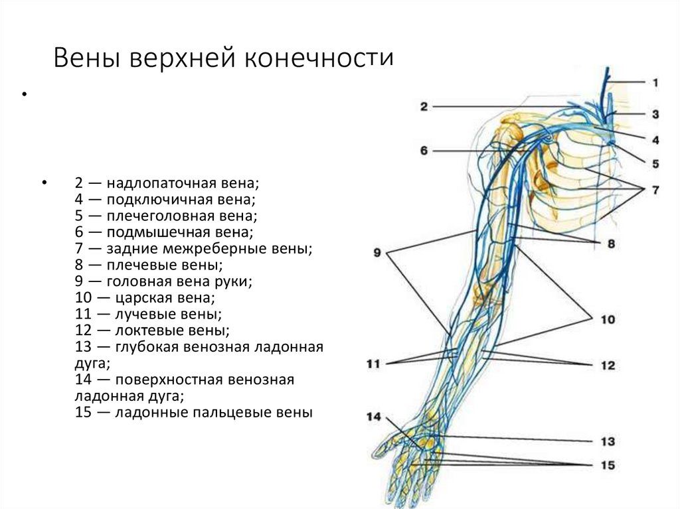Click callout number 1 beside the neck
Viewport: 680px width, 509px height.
pos(655,83)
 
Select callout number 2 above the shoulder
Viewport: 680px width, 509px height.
pos(424,106)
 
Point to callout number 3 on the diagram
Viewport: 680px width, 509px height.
pos(655,114)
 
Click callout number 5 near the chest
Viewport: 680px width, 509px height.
pos(655,162)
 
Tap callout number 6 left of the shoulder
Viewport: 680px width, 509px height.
pos(424,151)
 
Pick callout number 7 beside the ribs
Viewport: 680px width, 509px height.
pos(655,190)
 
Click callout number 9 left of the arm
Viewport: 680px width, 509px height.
pos(377,253)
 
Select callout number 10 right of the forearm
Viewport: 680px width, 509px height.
pos(607,319)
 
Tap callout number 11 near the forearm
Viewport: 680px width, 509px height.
pos(373,364)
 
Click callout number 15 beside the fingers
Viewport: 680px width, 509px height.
pos(607,465)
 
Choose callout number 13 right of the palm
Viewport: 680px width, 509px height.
pos(607,441)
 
